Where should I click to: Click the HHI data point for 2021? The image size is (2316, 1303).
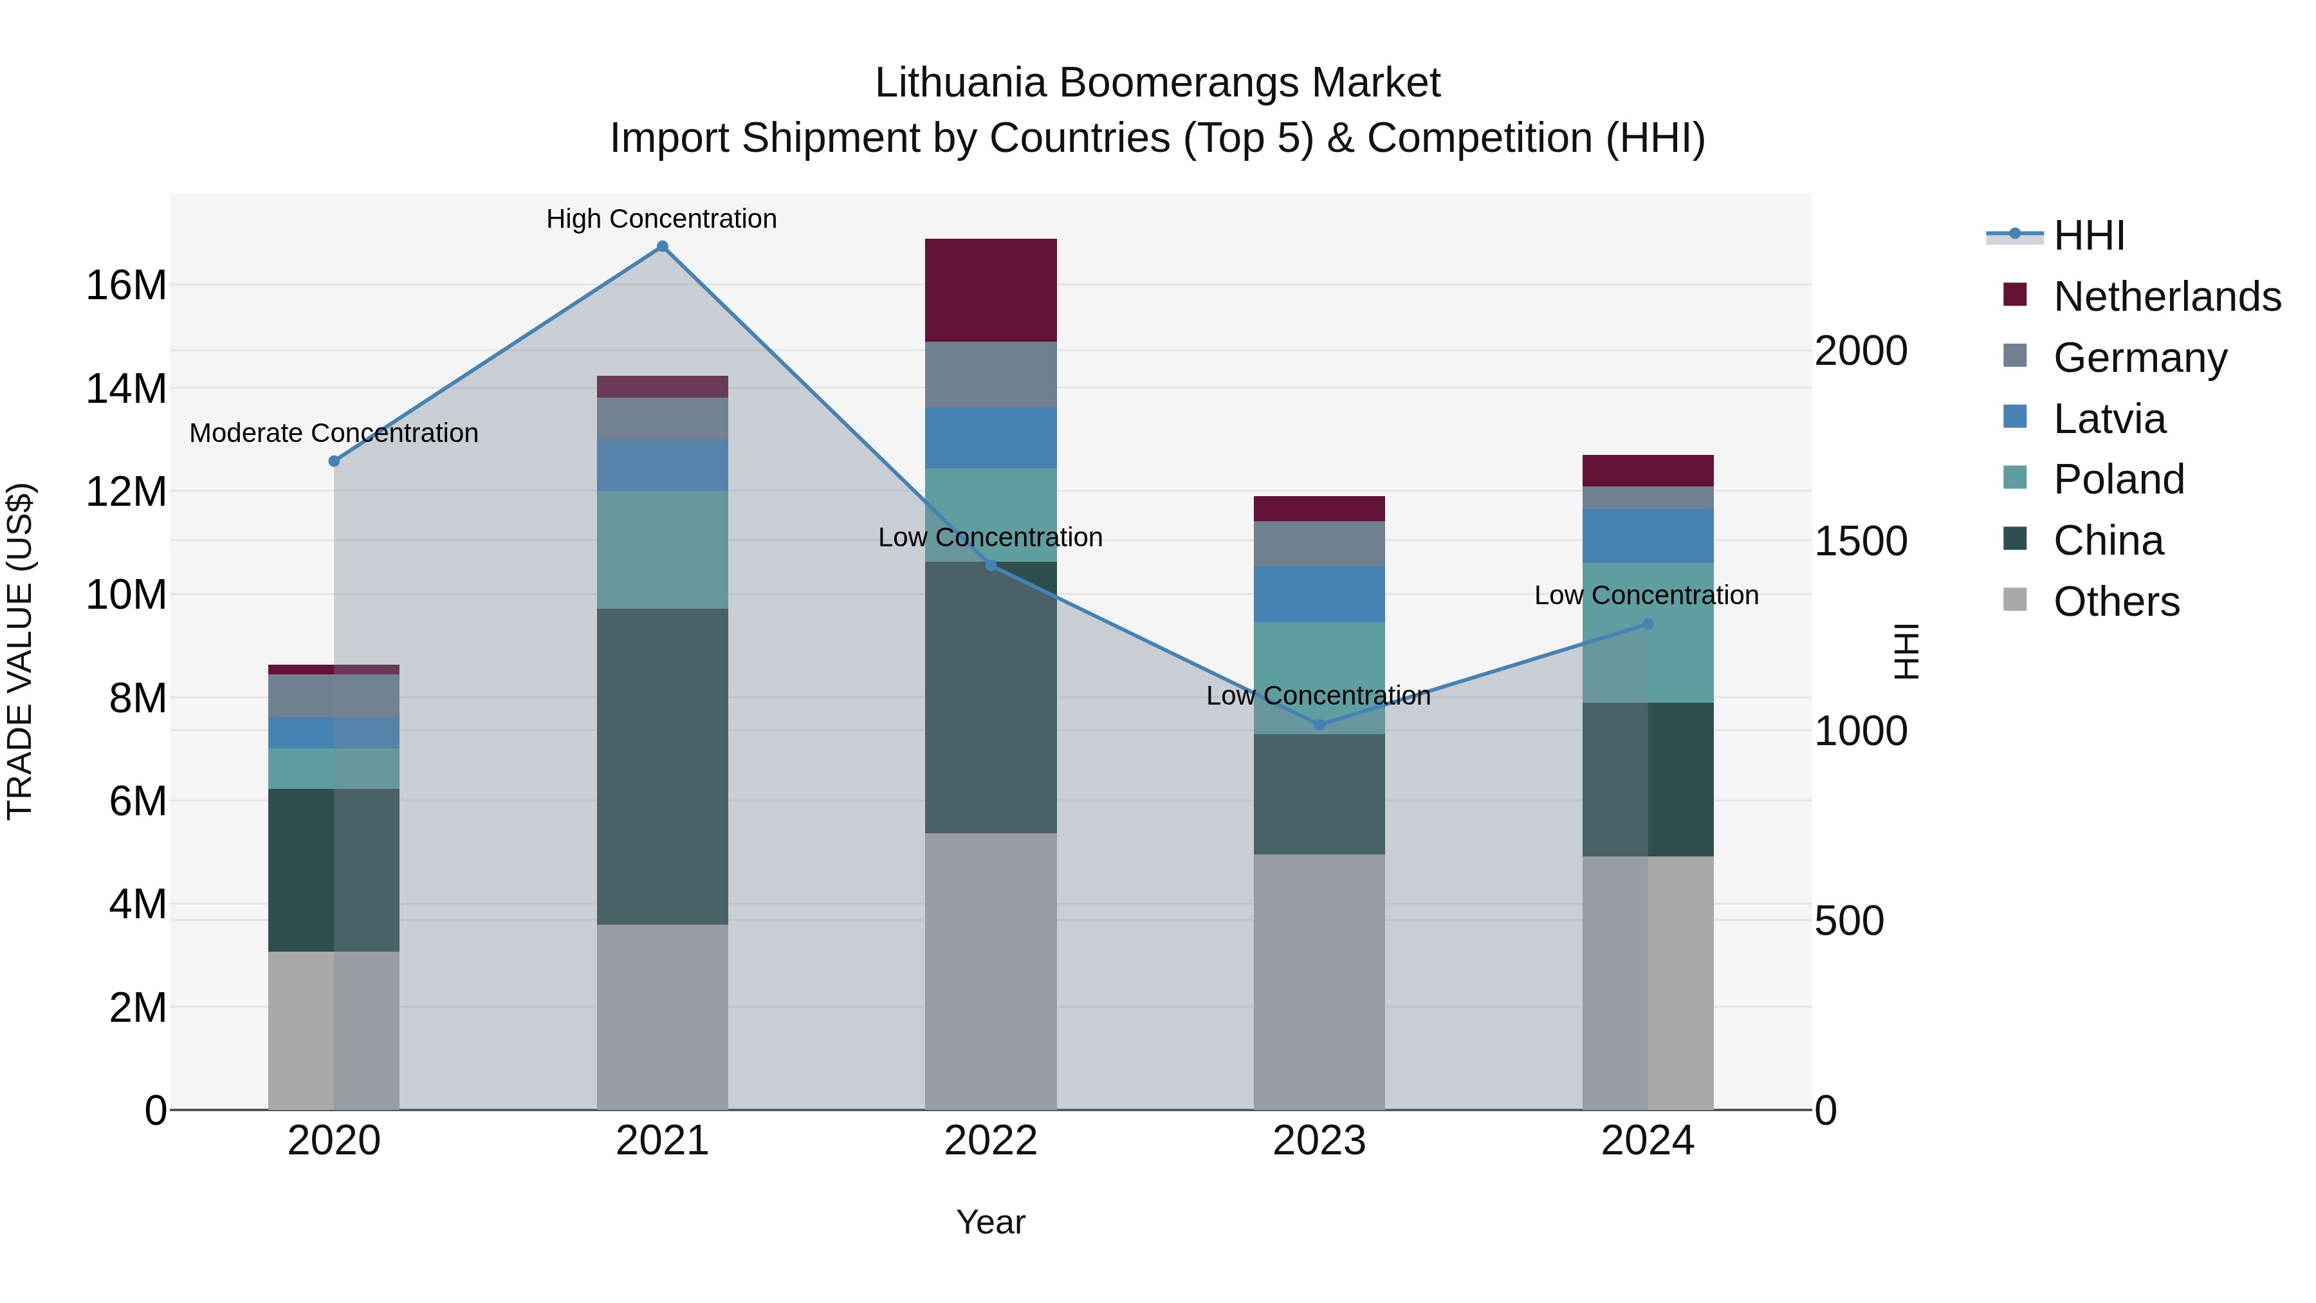662,246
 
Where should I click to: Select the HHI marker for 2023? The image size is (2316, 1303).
1319,725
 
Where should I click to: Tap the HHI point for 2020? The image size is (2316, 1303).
333,461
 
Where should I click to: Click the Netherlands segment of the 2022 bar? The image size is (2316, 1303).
991,290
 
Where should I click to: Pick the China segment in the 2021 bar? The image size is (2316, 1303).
662,766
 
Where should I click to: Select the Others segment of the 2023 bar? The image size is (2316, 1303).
1319,981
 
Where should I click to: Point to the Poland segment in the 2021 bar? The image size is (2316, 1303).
662,550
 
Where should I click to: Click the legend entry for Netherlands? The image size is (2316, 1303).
2167,297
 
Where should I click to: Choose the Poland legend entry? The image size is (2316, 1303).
2118,479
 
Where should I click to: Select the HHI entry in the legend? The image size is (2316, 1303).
2088,236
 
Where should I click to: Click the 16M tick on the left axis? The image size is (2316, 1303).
126,286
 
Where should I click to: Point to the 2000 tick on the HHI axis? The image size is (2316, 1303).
1860,351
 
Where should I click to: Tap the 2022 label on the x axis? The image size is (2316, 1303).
991,1141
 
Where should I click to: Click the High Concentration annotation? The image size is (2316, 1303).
662,219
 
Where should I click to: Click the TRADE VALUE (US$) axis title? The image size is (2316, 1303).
20,651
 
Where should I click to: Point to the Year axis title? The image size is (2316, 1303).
991,1222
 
